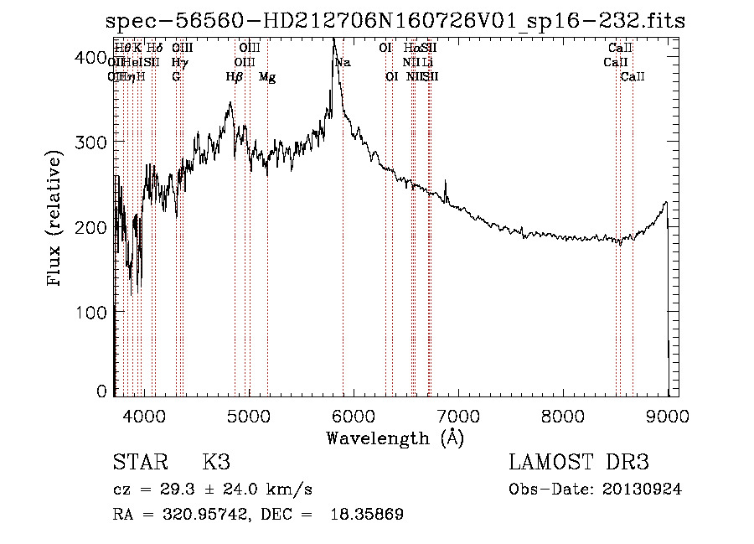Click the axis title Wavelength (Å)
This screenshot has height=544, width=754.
[395, 438]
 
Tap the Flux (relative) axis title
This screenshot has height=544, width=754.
[56, 220]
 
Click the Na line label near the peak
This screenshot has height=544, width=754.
[343, 62]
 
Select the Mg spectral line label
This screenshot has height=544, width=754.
[267, 77]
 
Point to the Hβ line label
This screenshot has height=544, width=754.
[235, 77]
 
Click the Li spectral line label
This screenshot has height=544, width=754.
[427, 62]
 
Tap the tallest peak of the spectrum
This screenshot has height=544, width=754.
[333, 39]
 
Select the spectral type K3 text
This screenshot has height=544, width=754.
[216, 463]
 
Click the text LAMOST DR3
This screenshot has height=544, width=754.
[579, 463]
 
